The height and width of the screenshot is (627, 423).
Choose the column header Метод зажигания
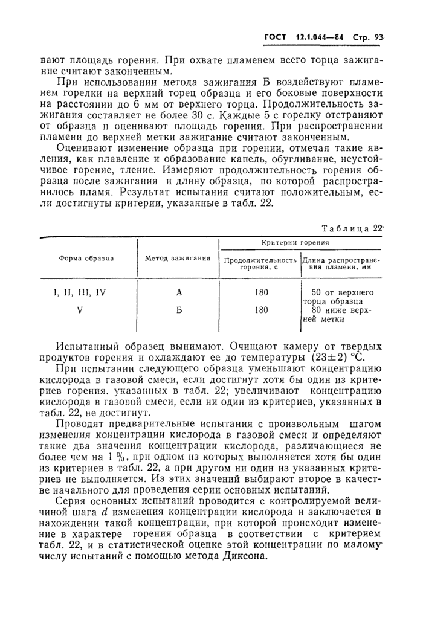pos(178,258)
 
